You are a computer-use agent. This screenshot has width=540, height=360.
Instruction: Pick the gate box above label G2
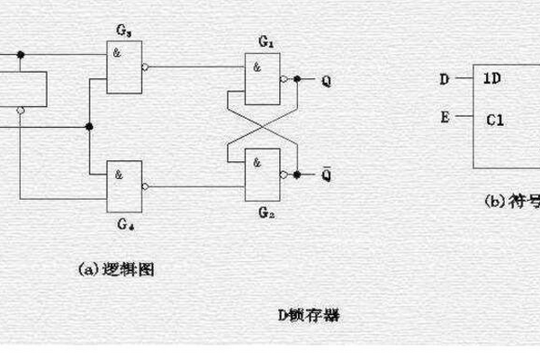click(263, 175)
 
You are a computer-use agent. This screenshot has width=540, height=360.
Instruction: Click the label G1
click(265, 42)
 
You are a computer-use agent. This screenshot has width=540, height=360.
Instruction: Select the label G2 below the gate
click(264, 213)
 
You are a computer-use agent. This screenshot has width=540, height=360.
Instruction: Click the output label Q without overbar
click(325, 80)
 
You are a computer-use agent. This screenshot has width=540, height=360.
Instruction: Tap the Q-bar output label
click(325, 173)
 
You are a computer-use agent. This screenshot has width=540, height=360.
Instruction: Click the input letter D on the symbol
click(444, 79)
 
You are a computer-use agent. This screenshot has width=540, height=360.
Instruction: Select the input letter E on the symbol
click(444, 116)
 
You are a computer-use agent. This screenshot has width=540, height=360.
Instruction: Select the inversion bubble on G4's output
click(145, 185)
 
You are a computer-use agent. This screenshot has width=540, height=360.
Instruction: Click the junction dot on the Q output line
click(297, 80)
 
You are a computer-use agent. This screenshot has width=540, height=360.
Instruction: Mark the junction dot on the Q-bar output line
click(297, 175)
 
